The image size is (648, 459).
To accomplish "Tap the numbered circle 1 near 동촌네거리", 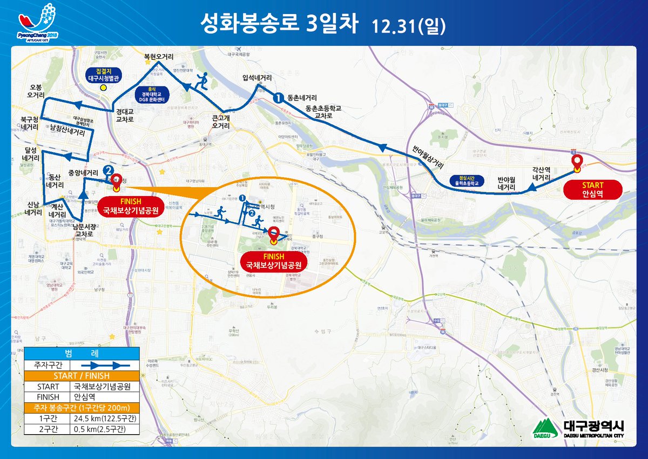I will [x=278, y=98].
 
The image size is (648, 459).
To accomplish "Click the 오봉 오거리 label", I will [x=36, y=91].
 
